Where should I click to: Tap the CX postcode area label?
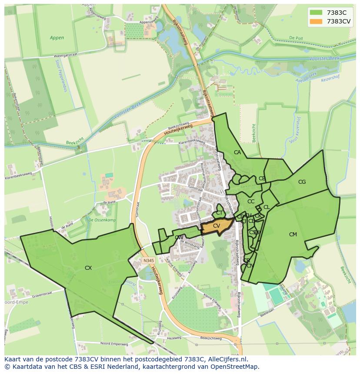pos(88,268)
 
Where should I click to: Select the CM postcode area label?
pos(293,235)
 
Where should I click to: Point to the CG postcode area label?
pos(302,182)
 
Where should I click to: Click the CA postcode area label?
pos(237,152)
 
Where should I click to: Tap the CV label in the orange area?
pos(217,225)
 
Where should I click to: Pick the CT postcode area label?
pos(220,213)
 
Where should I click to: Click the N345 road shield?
pos(148,261)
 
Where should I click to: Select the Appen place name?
pos(57,38)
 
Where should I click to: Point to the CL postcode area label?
pos(267,207)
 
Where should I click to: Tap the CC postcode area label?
pos(251,202)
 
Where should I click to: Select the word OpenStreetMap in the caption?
pos(237,367)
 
